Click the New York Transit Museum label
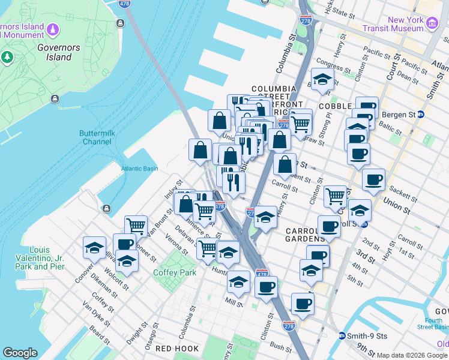pyautogui.click(x=406, y=24)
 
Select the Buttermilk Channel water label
pyautogui.click(x=95, y=137)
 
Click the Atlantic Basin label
pyautogui.click(x=139, y=169)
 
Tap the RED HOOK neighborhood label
pyautogui.click(x=173, y=348)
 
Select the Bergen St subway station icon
pyautogui.click(x=421, y=114)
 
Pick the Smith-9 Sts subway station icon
pyautogui.click(x=342, y=335)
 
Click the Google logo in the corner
pyautogui.click(x=20, y=353)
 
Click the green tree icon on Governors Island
pyautogui.click(x=7, y=58)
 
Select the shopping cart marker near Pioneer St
pyautogui.click(x=136, y=226)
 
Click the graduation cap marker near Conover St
pyautogui.click(x=94, y=247)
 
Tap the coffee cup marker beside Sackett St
pyautogui.click(x=373, y=179)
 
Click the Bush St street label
pyautogui.click(x=280, y=346)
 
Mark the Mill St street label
pyautogui.click(x=234, y=304)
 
